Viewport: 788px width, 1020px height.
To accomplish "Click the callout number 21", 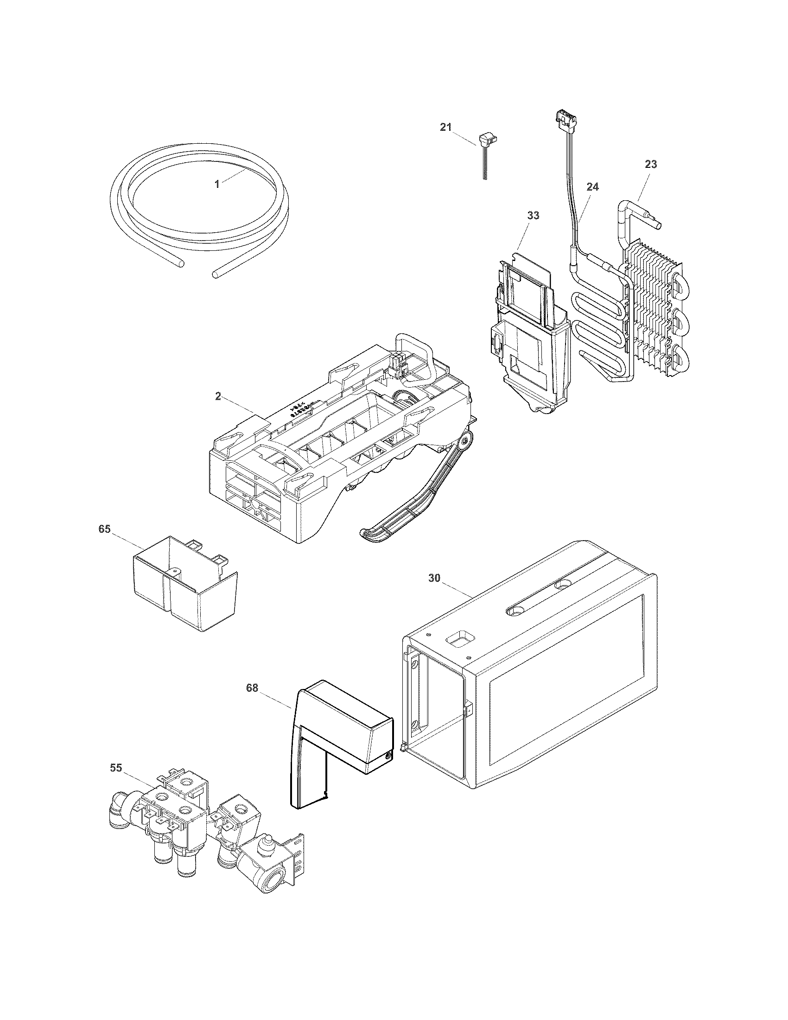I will tap(446, 127).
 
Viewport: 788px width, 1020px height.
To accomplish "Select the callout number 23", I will tap(651, 165).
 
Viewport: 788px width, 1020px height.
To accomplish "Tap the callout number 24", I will tap(592, 187).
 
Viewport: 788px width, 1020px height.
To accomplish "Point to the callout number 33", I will tap(533, 216).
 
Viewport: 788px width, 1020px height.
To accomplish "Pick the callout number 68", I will tap(252, 688).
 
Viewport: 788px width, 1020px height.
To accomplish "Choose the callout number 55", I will tap(116, 768).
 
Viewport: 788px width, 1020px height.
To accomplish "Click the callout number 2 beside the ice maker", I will tap(218, 396).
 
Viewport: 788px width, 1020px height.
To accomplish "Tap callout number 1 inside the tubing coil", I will tap(216, 184).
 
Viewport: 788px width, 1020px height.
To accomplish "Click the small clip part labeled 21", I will tap(485, 140).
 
